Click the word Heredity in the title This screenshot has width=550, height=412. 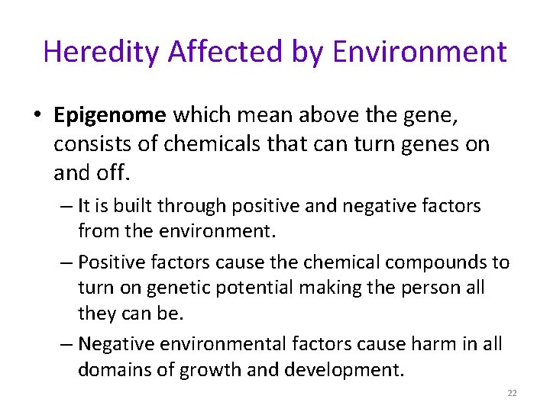pyautogui.click(x=102, y=52)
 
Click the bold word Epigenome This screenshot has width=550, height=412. pyautogui.click(x=110, y=115)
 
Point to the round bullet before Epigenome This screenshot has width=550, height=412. pyautogui.click(x=37, y=115)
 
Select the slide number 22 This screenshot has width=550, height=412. pyautogui.click(x=512, y=393)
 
